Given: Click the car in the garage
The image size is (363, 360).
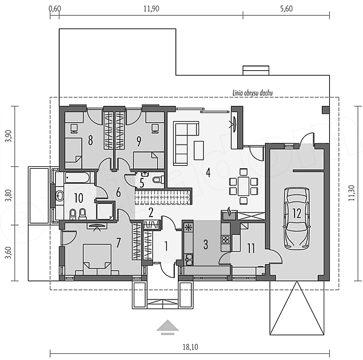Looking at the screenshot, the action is tap(297, 218).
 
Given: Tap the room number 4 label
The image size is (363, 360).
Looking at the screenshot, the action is tap(208, 172).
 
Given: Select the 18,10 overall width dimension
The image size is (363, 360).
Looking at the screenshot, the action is tap(191, 347).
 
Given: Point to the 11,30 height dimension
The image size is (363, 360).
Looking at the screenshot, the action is tap(352, 193).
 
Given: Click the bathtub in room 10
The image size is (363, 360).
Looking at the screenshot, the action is tap(77, 177).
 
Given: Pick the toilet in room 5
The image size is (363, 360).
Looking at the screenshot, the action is tap(159, 179).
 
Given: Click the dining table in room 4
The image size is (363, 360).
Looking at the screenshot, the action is tap(243, 186).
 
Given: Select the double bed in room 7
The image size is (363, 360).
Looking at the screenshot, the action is tap(97, 260).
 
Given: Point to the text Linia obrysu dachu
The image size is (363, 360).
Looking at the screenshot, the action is tap(252, 93).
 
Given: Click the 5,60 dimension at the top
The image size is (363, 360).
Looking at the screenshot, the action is tap(286, 8).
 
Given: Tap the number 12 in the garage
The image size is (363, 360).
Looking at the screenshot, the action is tap(297, 213).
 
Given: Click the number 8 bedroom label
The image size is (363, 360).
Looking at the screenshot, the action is tap(90, 140).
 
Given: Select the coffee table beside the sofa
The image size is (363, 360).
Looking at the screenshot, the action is tap(199, 151).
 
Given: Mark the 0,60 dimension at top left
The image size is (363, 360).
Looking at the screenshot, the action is tap(55, 8).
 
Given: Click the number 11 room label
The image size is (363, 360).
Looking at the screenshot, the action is tap(251, 248).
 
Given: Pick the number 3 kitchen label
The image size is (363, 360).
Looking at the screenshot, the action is tap(206, 244).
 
